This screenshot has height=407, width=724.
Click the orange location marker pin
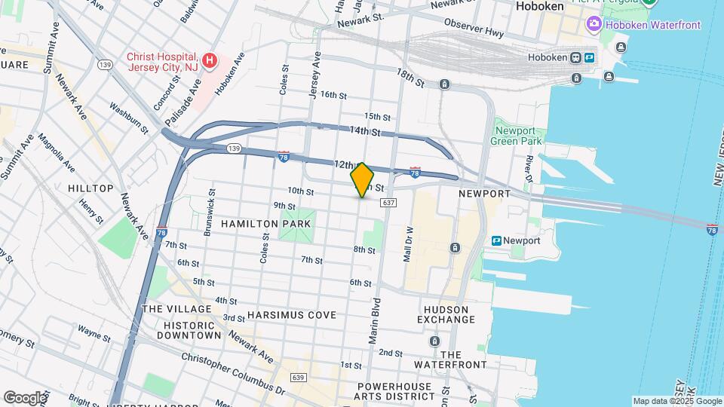362,179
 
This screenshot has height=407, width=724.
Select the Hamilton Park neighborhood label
256,224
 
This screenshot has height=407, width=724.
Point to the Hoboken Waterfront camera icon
594,25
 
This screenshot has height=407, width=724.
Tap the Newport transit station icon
497,240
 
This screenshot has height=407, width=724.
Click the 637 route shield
388,203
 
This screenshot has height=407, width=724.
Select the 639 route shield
297,377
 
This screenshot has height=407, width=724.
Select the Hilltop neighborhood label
90,188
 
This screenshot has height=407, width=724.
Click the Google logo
25,397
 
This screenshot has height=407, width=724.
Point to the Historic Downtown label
181,329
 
